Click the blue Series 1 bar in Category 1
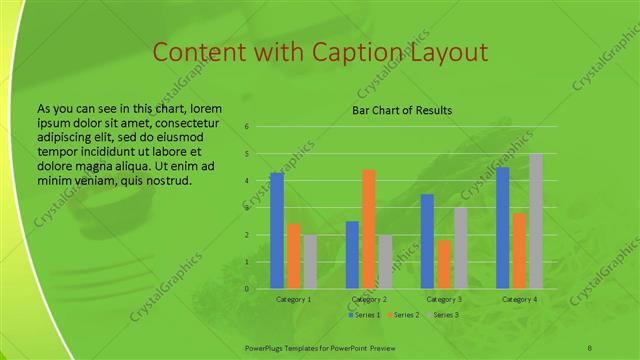coord(277,231)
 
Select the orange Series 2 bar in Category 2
coord(369,229)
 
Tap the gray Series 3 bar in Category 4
coord(536,221)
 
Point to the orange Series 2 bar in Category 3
coord(444,264)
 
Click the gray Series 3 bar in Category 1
coord(310,262)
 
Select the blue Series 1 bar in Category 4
coord(503,228)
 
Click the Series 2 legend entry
coord(402,315)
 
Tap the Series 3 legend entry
coord(441,315)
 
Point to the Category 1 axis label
coord(293,299)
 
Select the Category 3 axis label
coord(444,299)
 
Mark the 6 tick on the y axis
coord(247,127)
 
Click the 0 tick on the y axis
coord(247,289)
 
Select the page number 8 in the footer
coord(590,346)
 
